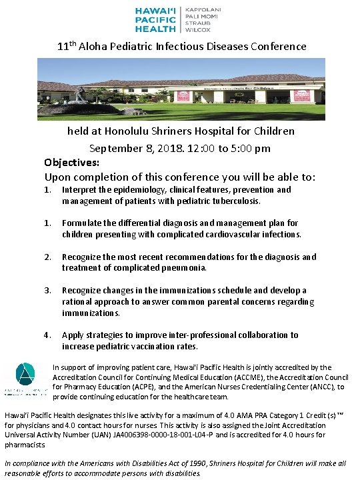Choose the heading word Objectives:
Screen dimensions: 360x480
pos(72,162)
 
